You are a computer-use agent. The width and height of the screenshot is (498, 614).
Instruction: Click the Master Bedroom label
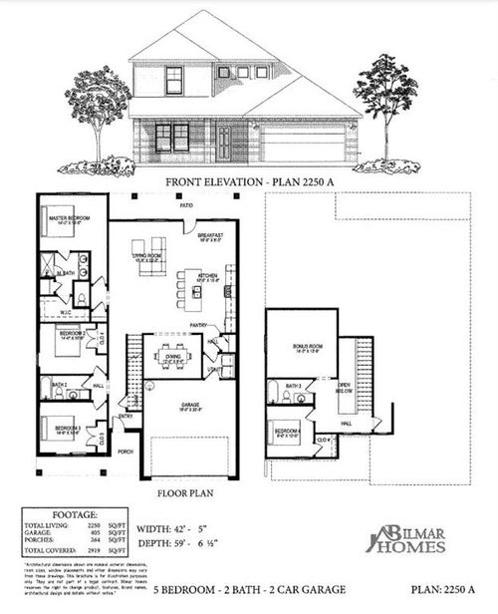(x=64, y=217)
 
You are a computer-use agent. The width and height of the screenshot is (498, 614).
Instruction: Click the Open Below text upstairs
(x=345, y=390)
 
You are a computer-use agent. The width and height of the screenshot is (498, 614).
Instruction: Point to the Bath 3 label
(x=293, y=385)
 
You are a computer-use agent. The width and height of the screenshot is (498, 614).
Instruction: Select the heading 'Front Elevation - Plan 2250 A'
(x=248, y=183)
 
